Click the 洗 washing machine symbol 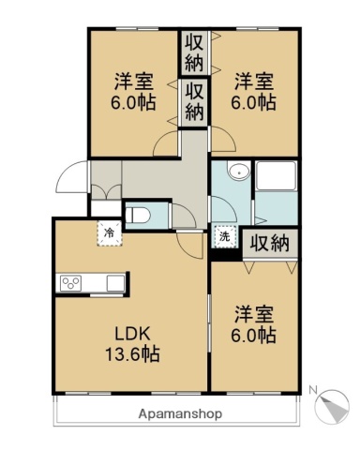[x=224, y=237]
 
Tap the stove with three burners [x=71, y=282]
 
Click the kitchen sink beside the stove [x=113, y=282]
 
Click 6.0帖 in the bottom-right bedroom [x=254, y=334]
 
